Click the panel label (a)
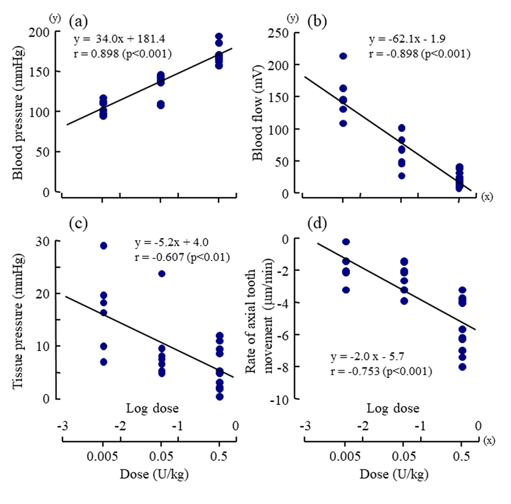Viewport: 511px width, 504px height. tap(78, 21)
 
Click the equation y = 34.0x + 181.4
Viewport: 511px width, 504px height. tap(120, 39)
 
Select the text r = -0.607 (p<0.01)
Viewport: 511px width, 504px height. tap(182, 257)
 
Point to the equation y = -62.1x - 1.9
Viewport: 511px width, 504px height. tap(407, 39)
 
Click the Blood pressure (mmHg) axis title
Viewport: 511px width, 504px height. tap(18, 113)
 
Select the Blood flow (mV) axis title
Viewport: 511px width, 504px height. tap(258, 112)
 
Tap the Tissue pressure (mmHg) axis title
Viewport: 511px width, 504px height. tap(18, 321)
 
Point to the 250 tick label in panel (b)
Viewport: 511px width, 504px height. tap(278, 33)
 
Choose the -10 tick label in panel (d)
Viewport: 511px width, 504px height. tap(279, 400)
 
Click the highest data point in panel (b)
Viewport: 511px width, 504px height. tap(343, 56)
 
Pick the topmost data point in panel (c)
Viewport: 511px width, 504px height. tap(103, 246)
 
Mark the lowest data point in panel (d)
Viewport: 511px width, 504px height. tap(462, 367)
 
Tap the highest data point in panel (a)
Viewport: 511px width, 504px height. tap(219, 37)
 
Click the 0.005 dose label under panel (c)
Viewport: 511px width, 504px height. tap(103, 456)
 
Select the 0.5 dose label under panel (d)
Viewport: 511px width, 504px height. tap(462, 456)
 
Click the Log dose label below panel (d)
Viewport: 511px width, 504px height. tap(393, 408)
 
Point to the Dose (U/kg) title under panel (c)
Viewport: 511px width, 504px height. tap(154, 474)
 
